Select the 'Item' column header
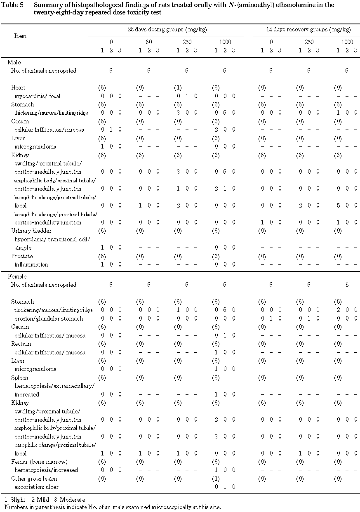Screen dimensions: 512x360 click(x=20, y=36)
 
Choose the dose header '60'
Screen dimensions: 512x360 click(x=148, y=42)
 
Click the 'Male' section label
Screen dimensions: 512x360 click(x=14, y=62)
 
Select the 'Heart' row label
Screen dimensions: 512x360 click(x=18, y=87)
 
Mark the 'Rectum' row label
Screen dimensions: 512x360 click(x=20, y=344)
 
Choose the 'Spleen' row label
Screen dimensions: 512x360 click(x=20, y=378)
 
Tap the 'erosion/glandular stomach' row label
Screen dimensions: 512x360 click(x=49, y=319)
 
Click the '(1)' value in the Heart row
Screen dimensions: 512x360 click(x=177, y=87)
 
